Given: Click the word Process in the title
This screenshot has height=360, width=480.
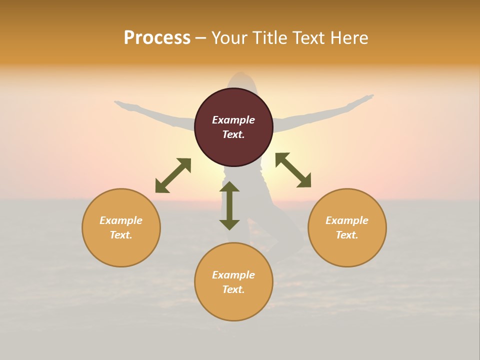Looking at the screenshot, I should coord(157,38).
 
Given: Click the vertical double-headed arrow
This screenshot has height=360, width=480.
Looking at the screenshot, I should coord(229,205).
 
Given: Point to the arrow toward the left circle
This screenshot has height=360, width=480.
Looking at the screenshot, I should coord(173,175).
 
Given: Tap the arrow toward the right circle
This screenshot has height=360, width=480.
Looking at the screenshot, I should coord(293,170).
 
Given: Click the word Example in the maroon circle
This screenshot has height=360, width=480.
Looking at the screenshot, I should coord(233,120).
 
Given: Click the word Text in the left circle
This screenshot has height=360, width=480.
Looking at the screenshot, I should coord(120,235).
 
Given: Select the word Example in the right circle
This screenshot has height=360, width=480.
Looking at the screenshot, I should coord(347,220).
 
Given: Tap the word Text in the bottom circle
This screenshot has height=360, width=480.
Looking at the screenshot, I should coord(233,289).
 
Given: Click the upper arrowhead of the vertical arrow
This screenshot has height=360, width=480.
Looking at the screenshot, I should coord(229,186).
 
